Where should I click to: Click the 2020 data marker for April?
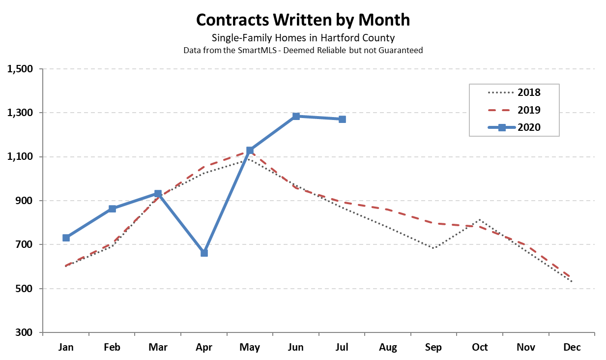point(204,253)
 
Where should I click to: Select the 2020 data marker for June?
point(296,116)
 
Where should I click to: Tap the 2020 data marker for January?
point(66,238)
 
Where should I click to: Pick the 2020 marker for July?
point(342,119)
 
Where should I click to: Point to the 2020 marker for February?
point(112,209)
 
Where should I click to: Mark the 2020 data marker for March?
point(158,194)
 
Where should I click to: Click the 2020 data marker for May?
point(250,150)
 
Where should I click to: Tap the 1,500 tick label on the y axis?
point(20,69)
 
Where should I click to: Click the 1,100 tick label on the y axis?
point(20,157)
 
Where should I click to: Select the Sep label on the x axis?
point(433,348)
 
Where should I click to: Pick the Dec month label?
point(572,348)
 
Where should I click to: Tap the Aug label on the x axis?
point(388,348)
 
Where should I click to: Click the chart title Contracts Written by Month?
point(303,20)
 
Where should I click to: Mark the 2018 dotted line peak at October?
point(479,219)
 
